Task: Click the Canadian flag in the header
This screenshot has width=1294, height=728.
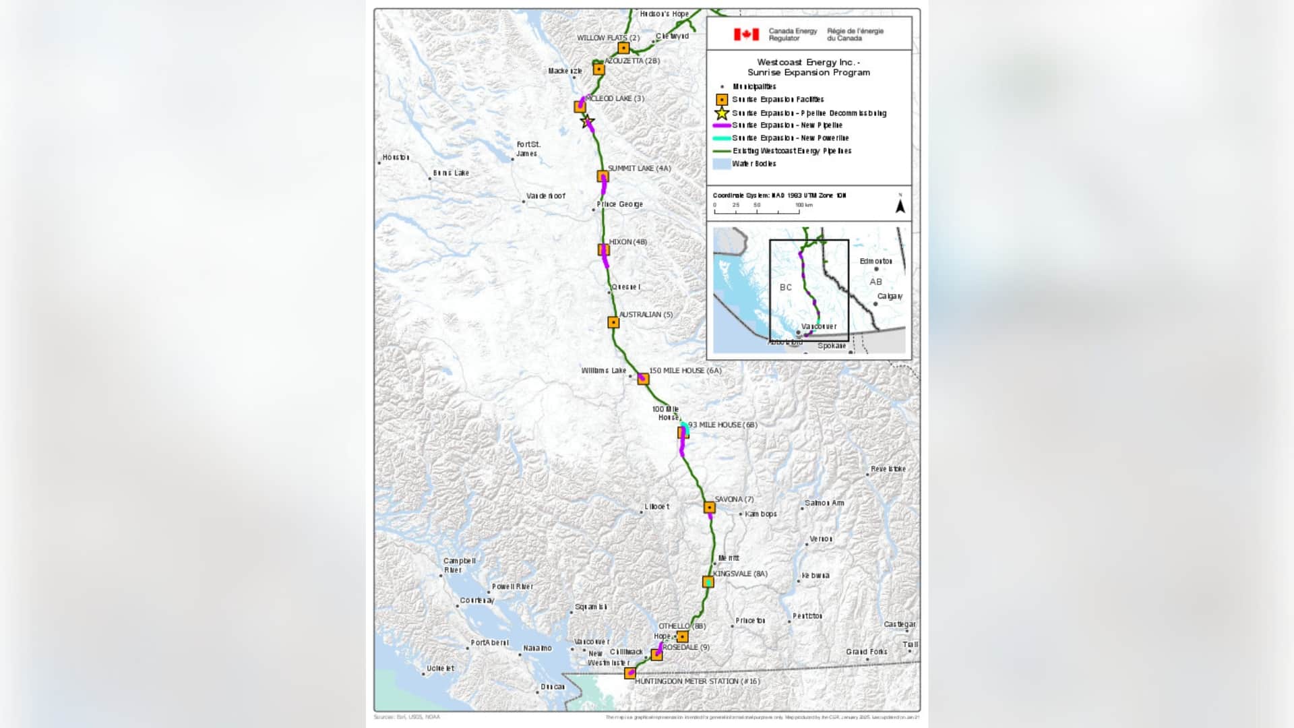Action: coord(746,34)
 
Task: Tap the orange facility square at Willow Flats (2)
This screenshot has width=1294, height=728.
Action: coord(623,48)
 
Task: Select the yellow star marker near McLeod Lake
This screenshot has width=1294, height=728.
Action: coord(587,122)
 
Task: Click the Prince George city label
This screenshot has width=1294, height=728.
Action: coord(619,204)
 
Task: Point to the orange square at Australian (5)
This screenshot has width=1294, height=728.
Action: coord(613,322)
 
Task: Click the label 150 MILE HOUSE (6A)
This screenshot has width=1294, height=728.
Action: coord(685,371)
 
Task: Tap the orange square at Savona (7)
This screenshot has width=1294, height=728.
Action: coord(709,507)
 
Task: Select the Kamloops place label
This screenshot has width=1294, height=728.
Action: coord(760,514)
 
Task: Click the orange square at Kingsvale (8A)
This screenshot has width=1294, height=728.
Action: coord(708,582)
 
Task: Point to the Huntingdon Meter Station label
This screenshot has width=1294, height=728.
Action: coord(697,681)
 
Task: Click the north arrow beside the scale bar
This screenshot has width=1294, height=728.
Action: coord(900,205)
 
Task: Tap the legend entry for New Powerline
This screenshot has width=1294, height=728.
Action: coord(790,138)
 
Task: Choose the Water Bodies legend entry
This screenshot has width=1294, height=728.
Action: coord(753,164)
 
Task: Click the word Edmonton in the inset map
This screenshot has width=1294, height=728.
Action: coord(875,262)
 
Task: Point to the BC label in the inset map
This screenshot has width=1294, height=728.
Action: coord(786,287)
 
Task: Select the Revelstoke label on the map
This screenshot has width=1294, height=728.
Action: coord(888,469)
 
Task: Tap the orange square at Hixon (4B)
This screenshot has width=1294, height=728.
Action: coord(603,250)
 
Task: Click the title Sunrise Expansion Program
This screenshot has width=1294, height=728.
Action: coord(808,73)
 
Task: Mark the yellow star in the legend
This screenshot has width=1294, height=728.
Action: coord(722,113)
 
